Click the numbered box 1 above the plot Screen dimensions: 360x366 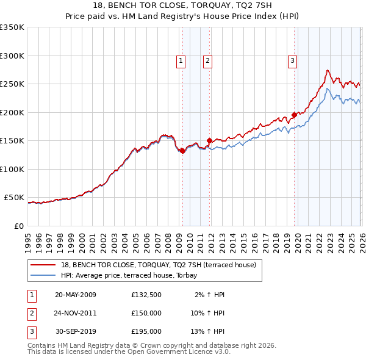[181, 60]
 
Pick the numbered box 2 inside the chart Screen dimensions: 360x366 [207, 60]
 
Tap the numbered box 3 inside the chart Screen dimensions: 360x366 [293, 60]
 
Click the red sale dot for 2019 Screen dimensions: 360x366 [294, 115]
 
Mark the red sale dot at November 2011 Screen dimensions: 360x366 [210, 140]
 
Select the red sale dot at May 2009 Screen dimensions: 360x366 [182, 151]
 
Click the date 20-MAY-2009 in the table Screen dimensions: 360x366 [76, 295]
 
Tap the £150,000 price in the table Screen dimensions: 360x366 [146, 313]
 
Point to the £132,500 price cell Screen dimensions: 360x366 [146, 295]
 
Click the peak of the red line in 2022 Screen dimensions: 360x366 [328, 70]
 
